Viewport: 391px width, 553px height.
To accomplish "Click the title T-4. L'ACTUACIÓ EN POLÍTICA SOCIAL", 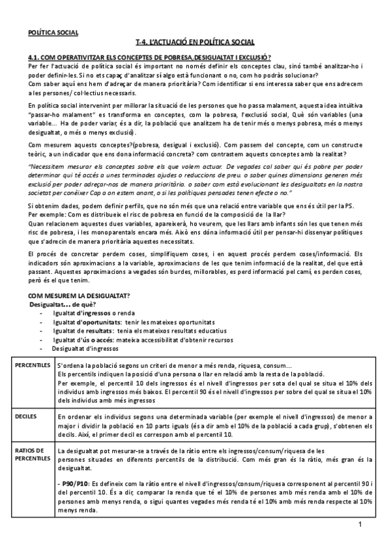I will pyautogui.click(x=195, y=42).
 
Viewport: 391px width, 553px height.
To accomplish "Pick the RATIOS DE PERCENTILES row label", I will pyautogui.click(x=29, y=454).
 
